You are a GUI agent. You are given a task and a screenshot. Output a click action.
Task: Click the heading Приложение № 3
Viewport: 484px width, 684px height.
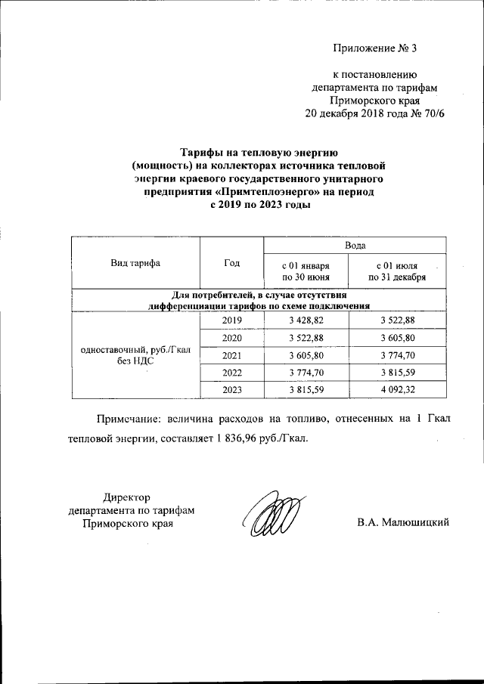point(375,49)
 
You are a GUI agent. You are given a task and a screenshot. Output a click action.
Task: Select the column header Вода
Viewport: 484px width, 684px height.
point(355,246)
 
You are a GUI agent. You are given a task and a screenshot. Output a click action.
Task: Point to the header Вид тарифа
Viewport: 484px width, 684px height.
point(135,263)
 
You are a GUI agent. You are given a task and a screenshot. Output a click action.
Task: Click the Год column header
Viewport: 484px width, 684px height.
point(231,263)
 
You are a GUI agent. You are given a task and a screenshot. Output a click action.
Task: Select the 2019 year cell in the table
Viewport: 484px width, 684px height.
point(231,320)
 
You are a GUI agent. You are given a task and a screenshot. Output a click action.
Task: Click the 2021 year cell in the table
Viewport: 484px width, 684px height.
point(231,354)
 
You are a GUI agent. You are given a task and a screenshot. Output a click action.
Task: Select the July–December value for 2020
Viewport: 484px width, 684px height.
point(403,337)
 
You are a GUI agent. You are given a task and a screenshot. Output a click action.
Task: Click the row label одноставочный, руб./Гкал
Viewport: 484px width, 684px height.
point(135,349)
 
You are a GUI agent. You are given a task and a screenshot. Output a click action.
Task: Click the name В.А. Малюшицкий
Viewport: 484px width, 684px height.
point(404,522)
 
